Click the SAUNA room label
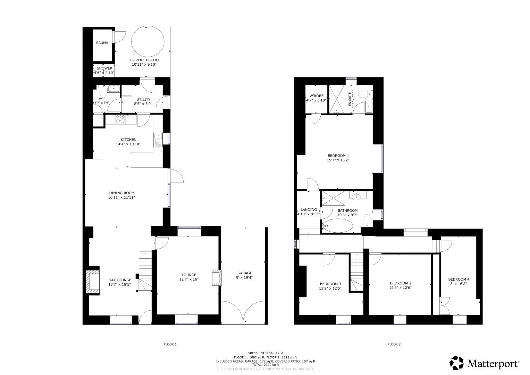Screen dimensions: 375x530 click(102, 43)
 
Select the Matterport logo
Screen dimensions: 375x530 click(485, 363)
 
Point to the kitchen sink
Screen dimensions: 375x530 click(158, 140)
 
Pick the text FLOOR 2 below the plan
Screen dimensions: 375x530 click(394, 344)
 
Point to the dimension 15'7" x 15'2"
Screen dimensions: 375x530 click(338, 160)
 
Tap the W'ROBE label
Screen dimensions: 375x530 click(316, 96)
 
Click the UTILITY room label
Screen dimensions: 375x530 click(143, 99)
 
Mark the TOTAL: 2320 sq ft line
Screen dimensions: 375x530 click(265, 365)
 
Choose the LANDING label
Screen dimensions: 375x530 click(309, 210)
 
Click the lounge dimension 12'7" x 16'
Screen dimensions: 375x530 click(188, 279)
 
